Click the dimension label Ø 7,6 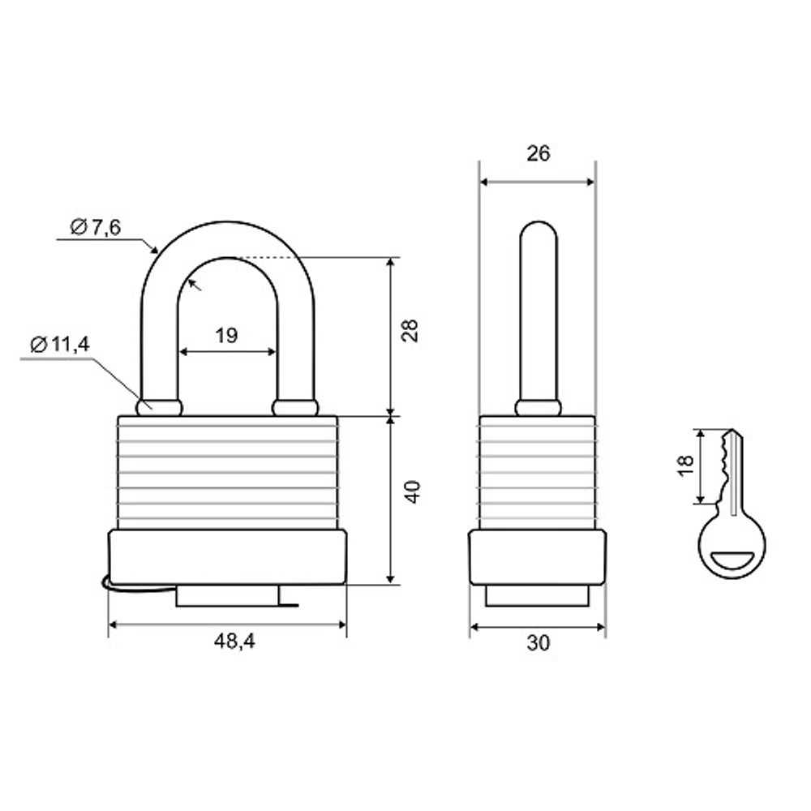pos(96,228)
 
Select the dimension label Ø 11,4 pos(59,344)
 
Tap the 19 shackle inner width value pos(228,336)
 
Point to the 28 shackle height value pos(411,331)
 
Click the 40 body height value pos(411,492)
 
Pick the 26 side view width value pos(538,153)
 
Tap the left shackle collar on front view pos(160,407)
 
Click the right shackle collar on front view pos(294,407)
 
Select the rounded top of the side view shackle pos(539,231)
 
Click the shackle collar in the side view pos(539,407)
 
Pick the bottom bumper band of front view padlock pos(228,556)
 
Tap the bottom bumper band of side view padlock pos(537,556)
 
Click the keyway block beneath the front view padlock pos(228,596)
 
